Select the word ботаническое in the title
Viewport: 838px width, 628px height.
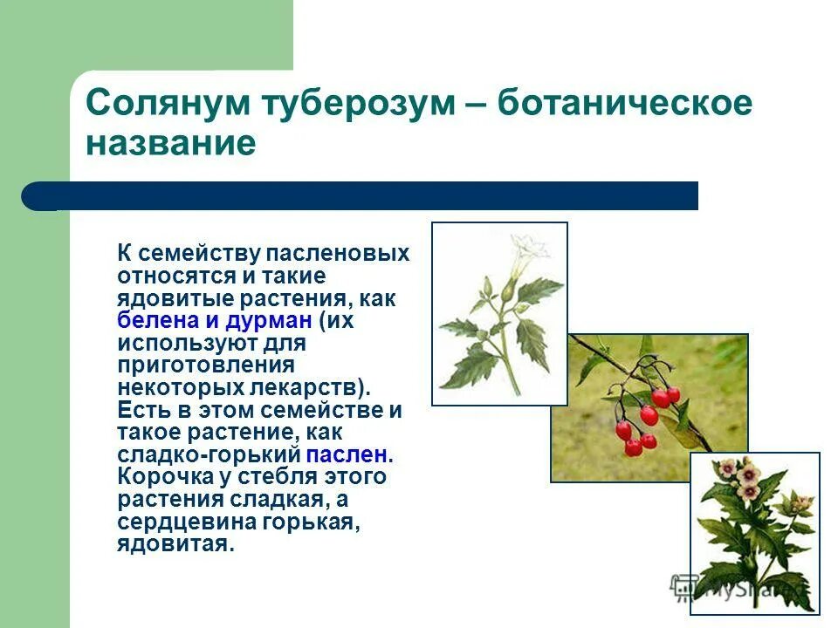click(x=624, y=104)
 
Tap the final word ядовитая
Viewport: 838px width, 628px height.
click(x=175, y=544)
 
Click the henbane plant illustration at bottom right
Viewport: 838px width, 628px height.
click(x=754, y=532)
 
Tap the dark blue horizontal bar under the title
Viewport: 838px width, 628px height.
click(x=367, y=196)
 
